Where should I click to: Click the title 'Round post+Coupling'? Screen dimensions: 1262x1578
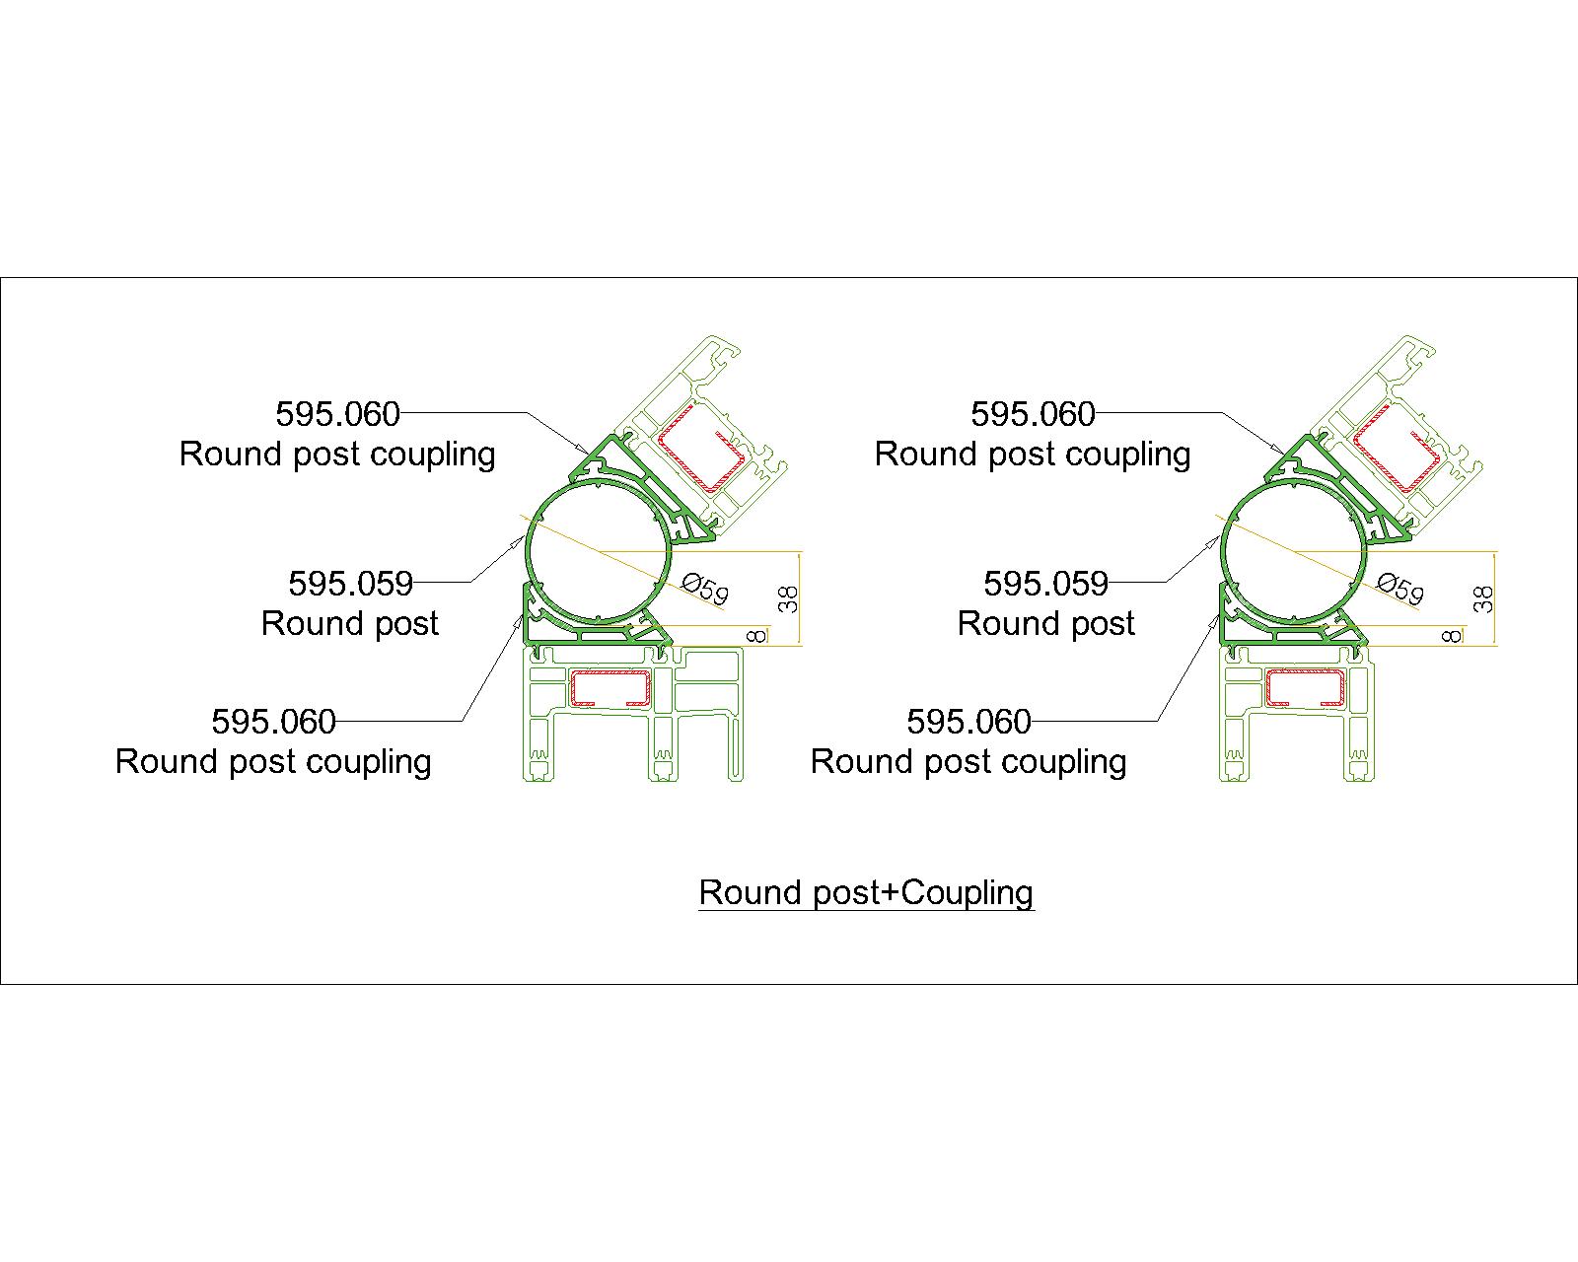click(866, 892)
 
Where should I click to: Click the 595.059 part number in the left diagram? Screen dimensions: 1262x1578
click(350, 584)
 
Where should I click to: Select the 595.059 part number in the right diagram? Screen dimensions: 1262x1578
click(1045, 584)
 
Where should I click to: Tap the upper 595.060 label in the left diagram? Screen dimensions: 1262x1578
click(337, 414)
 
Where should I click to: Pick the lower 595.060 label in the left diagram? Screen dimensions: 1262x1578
click(273, 722)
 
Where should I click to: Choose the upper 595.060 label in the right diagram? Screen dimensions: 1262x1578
click(1033, 414)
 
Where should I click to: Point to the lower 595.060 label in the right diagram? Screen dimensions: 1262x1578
click(968, 722)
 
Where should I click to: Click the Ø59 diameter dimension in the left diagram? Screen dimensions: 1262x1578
click(705, 589)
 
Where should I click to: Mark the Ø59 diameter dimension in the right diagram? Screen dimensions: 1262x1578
click(1400, 589)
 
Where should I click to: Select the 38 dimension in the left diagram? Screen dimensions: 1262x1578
click(790, 598)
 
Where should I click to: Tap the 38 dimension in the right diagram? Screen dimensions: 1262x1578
click(1485, 598)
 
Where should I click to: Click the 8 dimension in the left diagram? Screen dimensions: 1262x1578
click(757, 636)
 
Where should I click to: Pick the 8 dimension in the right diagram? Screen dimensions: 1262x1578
click(1452, 636)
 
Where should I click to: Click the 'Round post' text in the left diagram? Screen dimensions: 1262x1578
click(350, 624)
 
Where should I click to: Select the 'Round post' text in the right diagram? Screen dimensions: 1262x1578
click(1045, 624)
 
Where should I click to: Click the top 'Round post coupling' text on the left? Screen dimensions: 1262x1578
click(337, 455)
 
